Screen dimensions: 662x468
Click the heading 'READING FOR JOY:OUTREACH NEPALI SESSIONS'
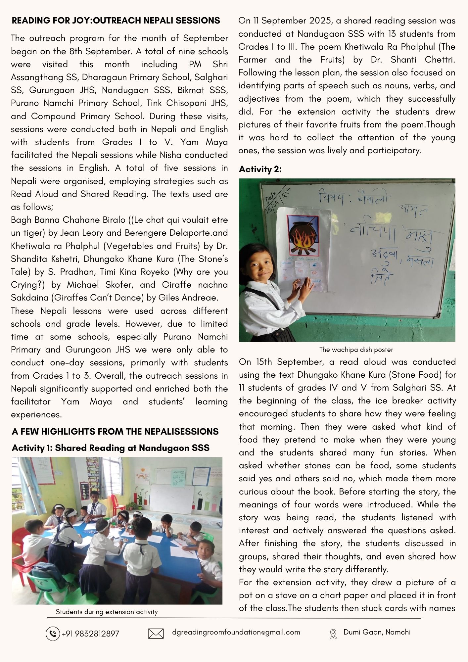click(116, 21)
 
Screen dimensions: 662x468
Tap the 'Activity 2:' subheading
click(260, 169)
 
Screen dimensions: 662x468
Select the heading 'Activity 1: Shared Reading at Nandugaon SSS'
click(111, 448)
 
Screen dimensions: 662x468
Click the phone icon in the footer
click(52, 634)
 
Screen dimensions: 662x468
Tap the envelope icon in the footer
click(156, 634)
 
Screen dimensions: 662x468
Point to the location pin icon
click(333, 634)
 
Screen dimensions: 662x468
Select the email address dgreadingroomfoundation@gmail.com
click(236, 632)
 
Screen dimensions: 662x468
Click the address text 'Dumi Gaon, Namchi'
click(377, 632)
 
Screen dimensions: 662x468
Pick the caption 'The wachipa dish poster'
click(356, 350)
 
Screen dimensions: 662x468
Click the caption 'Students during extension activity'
click(107, 612)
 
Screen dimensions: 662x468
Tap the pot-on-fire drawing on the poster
click(302, 236)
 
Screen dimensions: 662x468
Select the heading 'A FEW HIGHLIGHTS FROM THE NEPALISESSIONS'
click(115, 432)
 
